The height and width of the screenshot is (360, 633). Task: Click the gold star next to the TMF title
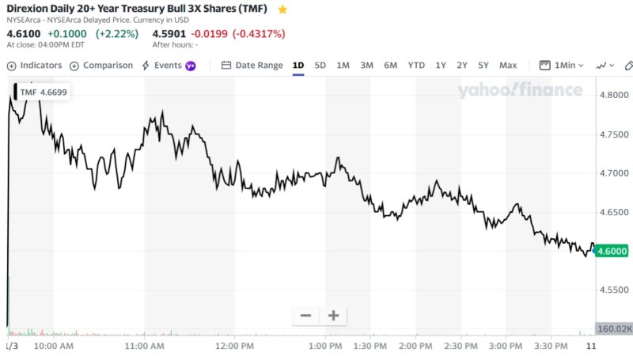282,9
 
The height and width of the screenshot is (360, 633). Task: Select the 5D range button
320,66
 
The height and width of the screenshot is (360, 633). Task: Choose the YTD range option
416,66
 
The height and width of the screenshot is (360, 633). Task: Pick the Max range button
508,66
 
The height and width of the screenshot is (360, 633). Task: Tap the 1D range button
298,66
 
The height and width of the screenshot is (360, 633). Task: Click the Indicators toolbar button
34,66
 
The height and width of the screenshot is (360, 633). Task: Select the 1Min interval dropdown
563,66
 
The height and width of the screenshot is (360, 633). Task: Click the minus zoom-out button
305,316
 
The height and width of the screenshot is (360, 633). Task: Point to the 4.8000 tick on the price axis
613,94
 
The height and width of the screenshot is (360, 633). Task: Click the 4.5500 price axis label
613,290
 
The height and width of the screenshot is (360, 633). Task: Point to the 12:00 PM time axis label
235,347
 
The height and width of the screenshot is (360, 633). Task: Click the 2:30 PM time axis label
459,347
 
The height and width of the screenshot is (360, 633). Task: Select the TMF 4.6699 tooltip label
44,93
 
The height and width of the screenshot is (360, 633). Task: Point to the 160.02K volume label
614,328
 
